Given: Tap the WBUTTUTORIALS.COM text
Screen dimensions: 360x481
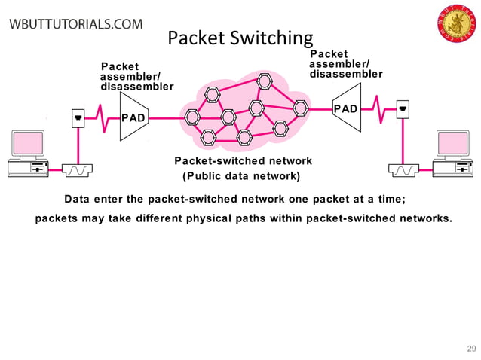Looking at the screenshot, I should (75, 23).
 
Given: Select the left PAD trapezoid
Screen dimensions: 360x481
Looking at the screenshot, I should (133, 117).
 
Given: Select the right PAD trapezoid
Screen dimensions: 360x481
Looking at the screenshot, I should (346, 110).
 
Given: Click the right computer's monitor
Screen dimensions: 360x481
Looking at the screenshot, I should (453, 144).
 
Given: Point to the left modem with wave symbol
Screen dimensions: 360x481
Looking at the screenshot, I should (78, 170).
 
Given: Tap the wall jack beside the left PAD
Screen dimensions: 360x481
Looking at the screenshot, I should (78, 118).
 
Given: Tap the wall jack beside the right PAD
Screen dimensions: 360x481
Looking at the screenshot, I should (403, 110).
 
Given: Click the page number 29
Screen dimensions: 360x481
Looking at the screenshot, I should (472, 348).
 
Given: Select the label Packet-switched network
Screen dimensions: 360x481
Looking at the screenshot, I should (243, 161).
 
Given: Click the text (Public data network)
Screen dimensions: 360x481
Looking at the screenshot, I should (241, 177).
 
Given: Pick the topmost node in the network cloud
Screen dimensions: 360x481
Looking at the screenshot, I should (263, 81).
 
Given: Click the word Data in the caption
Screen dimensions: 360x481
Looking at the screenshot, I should (76, 200).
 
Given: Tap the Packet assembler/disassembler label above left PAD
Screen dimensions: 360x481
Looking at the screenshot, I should (136, 77).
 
